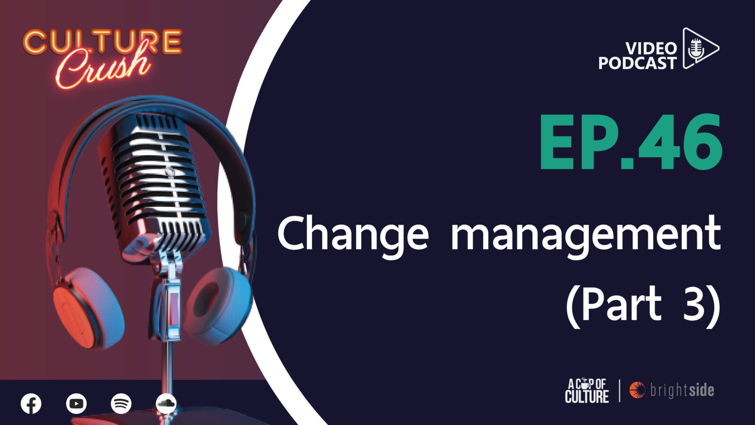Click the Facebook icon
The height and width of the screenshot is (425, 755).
point(31,403)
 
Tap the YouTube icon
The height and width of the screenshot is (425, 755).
point(76,403)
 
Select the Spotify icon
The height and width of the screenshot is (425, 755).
point(121,403)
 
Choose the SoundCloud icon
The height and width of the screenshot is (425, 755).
point(166,403)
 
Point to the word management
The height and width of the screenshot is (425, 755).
point(586,238)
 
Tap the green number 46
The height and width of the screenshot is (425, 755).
point(680,142)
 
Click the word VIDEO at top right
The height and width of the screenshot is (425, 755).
point(651,49)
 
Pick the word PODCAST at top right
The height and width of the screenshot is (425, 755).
point(638,63)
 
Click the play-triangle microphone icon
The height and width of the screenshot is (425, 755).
point(700,48)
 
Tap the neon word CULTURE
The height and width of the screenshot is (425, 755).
point(102,42)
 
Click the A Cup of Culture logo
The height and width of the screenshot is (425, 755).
point(587,391)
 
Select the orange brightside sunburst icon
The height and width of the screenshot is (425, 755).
point(637,390)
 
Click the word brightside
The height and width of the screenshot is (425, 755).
point(682,390)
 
